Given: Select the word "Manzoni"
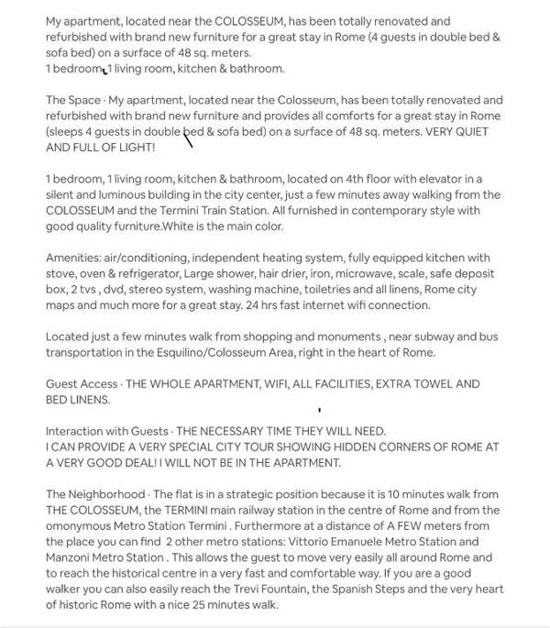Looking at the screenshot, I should click(x=71, y=556).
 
